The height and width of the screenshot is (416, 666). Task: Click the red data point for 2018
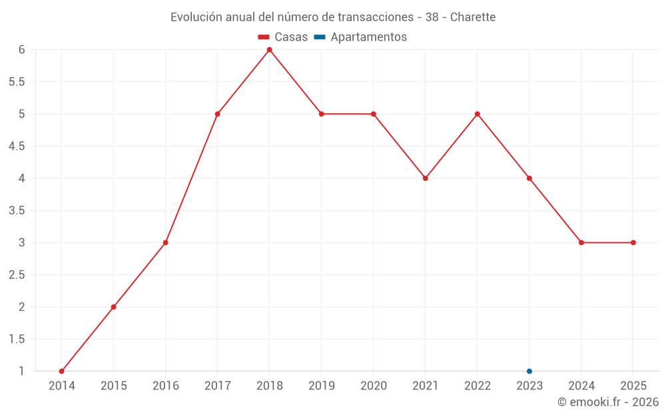click(x=270, y=50)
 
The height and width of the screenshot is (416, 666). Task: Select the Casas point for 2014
click(x=62, y=371)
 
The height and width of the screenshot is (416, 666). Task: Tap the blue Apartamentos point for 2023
click(x=529, y=371)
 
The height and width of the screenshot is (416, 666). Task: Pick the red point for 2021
click(x=426, y=178)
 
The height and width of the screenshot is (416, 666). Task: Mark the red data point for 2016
click(x=166, y=242)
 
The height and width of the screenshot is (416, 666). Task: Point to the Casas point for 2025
click(x=633, y=242)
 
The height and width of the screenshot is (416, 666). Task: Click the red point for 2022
click(x=478, y=114)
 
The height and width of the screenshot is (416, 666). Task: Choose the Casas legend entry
click(x=283, y=37)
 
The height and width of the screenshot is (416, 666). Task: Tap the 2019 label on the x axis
click(x=322, y=386)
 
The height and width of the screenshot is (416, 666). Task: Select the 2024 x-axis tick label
click(x=581, y=386)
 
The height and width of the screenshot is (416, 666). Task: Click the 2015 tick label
click(x=114, y=386)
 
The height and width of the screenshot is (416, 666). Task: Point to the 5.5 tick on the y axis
click(x=17, y=82)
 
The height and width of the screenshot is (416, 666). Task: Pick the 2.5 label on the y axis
click(x=17, y=275)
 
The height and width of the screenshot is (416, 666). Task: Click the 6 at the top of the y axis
click(x=22, y=50)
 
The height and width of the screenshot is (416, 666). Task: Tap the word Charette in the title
click(x=473, y=17)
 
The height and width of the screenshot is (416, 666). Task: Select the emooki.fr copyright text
click(x=608, y=402)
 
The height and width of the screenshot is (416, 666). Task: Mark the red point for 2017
click(x=218, y=114)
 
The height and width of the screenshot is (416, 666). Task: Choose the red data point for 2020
click(x=374, y=114)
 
